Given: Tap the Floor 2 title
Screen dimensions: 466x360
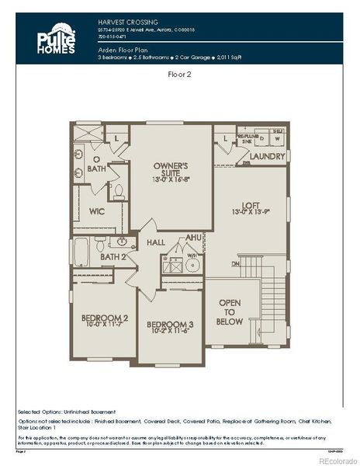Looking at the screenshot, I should click(x=180, y=75).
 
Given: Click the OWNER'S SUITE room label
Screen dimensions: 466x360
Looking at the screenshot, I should click(x=171, y=172).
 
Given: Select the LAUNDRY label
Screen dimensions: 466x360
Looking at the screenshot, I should click(x=267, y=155).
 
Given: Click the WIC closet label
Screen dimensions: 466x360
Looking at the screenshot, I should click(x=97, y=210).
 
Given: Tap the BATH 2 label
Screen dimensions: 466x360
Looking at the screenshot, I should click(x=112, y=256).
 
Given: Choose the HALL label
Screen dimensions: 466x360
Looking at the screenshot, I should click(x=155, y=243).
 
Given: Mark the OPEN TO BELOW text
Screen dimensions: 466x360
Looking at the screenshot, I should click(x=230, y=311).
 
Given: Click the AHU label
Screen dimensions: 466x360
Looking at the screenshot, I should click(x=194, y=238).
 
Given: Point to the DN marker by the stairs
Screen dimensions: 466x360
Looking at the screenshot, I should click(x=235, y=263).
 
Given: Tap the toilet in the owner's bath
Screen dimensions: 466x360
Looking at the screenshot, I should click(x=119, y=190).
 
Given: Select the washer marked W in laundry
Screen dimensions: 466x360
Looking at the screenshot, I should click(x=278, y=141).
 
